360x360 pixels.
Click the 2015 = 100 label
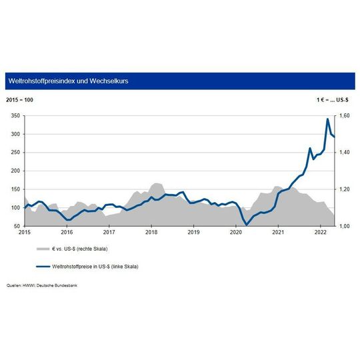point(21,99)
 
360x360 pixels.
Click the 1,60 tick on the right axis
point(345,115)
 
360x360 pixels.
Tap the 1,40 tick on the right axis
point(345,153)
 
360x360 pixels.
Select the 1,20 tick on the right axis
point(345,189)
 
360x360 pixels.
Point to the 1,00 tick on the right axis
point(345,226)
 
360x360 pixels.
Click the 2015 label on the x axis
point(25,233)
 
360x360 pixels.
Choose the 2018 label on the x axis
point(151,233)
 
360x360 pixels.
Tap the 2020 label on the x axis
point(236,233)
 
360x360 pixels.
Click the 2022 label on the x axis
point(321,233)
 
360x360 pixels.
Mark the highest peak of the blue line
point(327,119)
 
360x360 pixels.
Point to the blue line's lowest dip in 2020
point(247,225)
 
